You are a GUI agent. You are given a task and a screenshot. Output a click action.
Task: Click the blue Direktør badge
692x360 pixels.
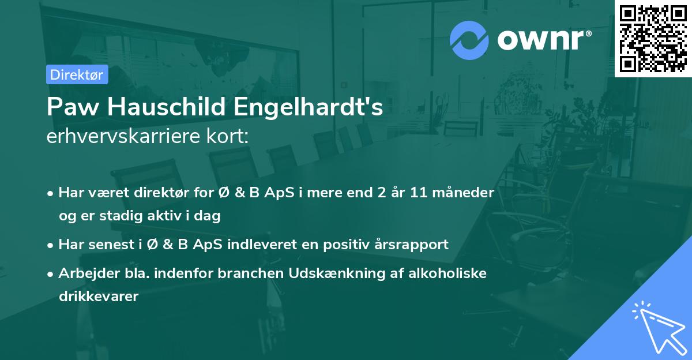(x=77, y=74)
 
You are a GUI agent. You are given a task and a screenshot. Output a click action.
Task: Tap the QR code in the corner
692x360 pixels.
(x=653, y=38)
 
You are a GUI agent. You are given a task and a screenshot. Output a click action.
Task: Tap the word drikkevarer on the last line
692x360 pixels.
(x=99, y=297)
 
